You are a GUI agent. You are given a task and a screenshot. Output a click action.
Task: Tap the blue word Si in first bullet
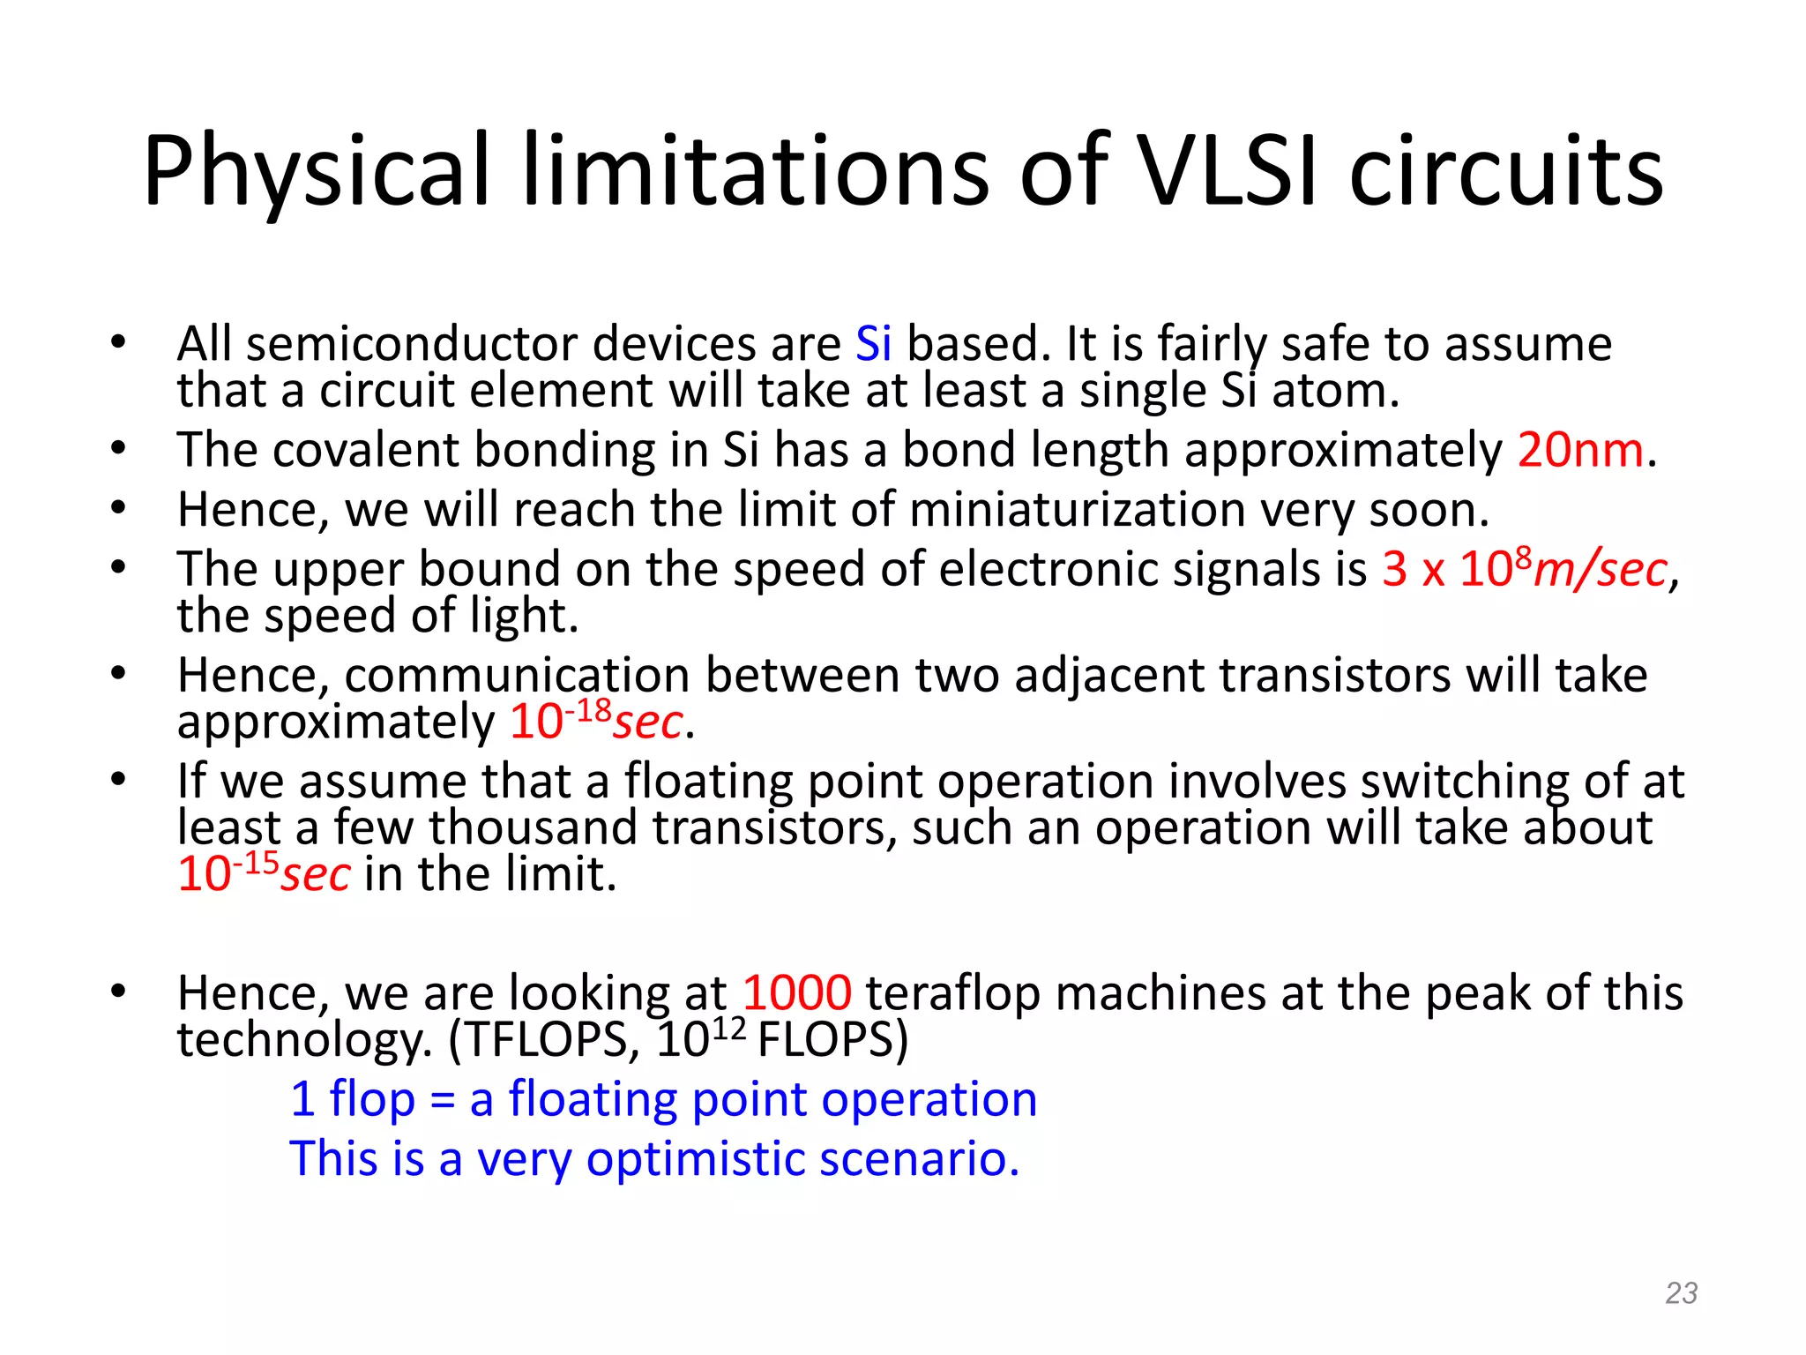click(x=873, y=343)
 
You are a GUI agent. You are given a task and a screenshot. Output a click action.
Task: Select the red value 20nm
click(x=1580, y=450)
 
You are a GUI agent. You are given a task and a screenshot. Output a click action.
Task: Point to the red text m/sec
click(x=1601, y=570)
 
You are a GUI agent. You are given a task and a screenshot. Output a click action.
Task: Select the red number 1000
click(x=796, y=992)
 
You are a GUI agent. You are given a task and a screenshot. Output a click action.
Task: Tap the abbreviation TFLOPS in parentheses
click(x=544, y=1039)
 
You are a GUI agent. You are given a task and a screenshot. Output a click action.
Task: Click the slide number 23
click(x=1681, y=1292)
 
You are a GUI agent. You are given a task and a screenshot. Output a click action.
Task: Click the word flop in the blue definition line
click(x=371, y=1100)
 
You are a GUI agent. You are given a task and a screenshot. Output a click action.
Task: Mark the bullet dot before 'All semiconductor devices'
click(x=118, y=342)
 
